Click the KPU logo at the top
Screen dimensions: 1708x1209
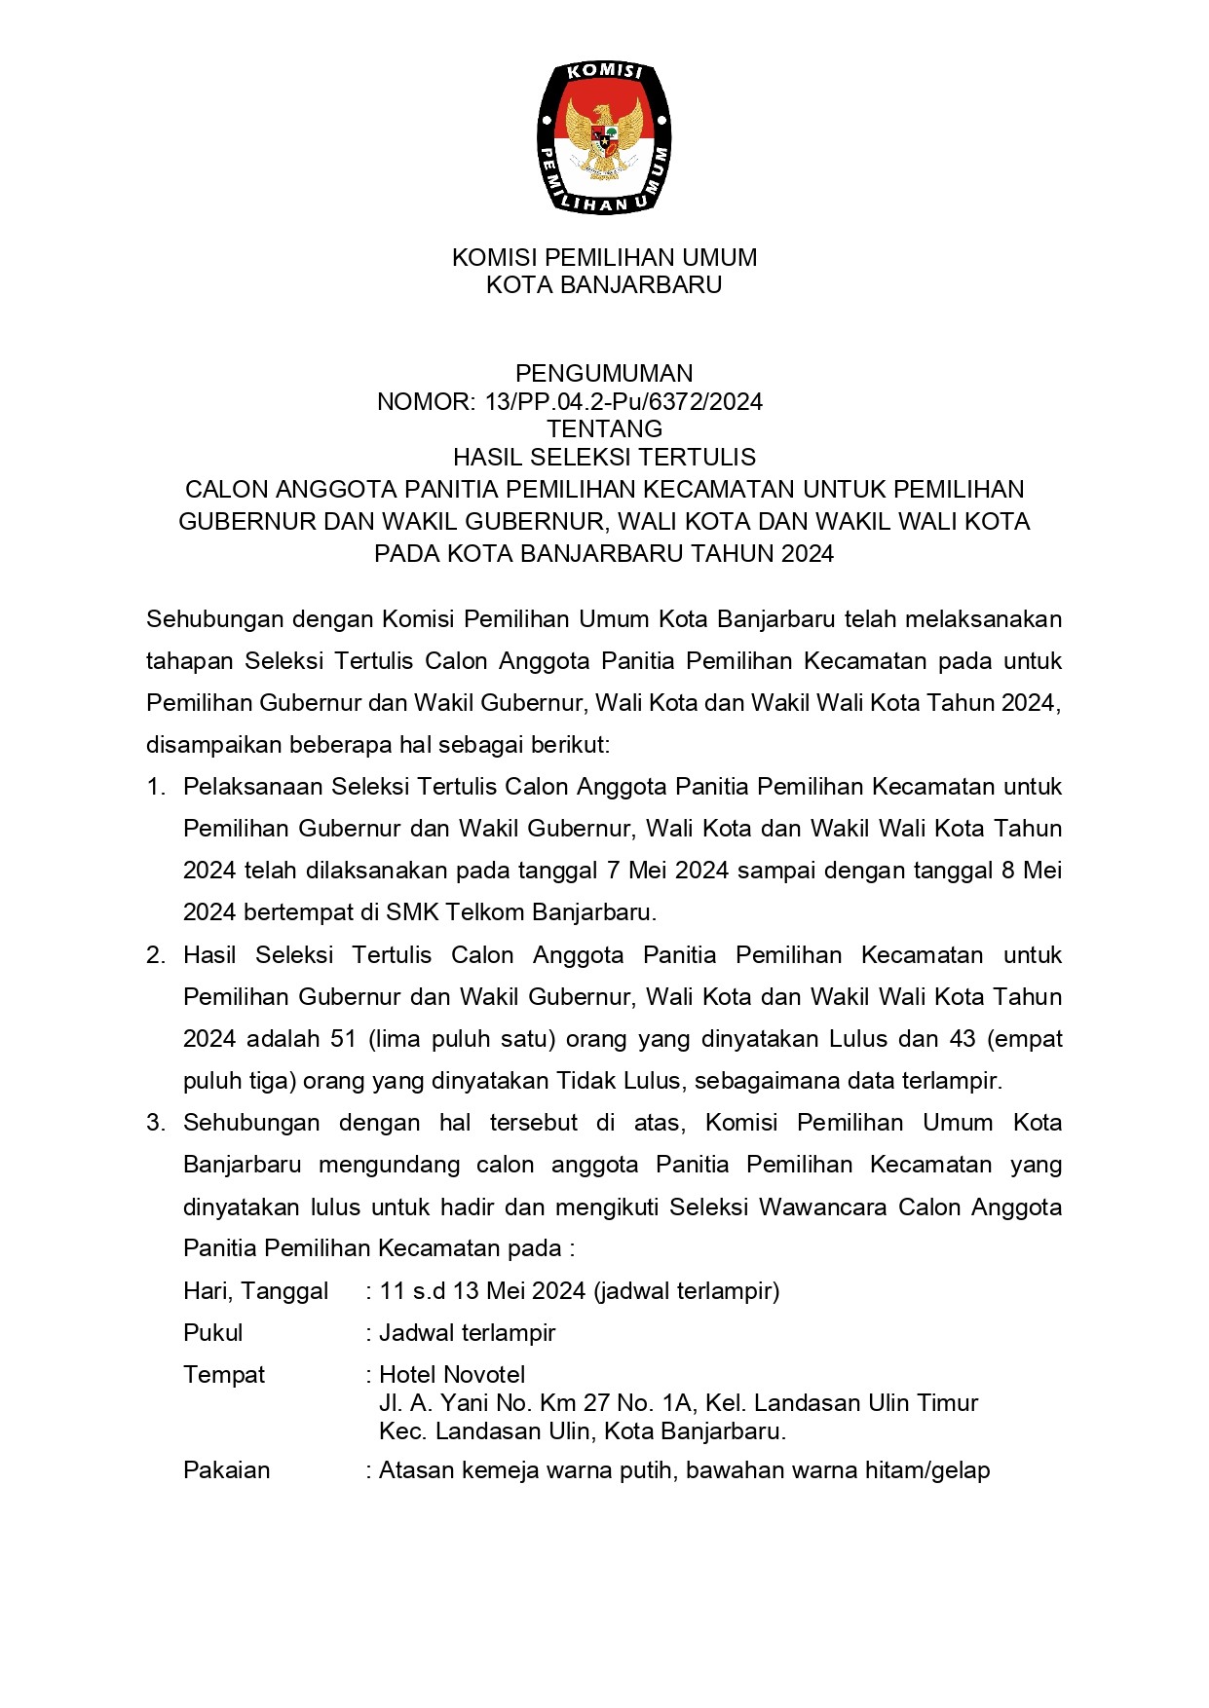(604, 137)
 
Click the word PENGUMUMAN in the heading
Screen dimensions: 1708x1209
(604, 373)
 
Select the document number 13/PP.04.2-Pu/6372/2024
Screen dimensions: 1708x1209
(623, 401)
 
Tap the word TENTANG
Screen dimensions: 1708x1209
(604, 428)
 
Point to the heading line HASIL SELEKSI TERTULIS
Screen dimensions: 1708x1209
(604, 457)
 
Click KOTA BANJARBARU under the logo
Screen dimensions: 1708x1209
(604, 285)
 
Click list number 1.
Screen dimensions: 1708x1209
(156, 787)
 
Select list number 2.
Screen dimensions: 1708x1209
(156, 955)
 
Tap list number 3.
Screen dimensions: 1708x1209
(156, 1123)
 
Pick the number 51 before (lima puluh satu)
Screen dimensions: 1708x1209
(344, 1039)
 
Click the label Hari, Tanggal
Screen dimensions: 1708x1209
(255, 1291)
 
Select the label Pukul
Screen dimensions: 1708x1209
(212, 1333)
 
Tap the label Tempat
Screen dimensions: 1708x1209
(224, 1375)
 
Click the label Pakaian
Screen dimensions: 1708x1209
(226, 1470)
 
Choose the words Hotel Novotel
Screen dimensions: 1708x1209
(452, 1375)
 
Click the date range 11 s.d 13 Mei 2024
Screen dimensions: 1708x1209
(482, 1291)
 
